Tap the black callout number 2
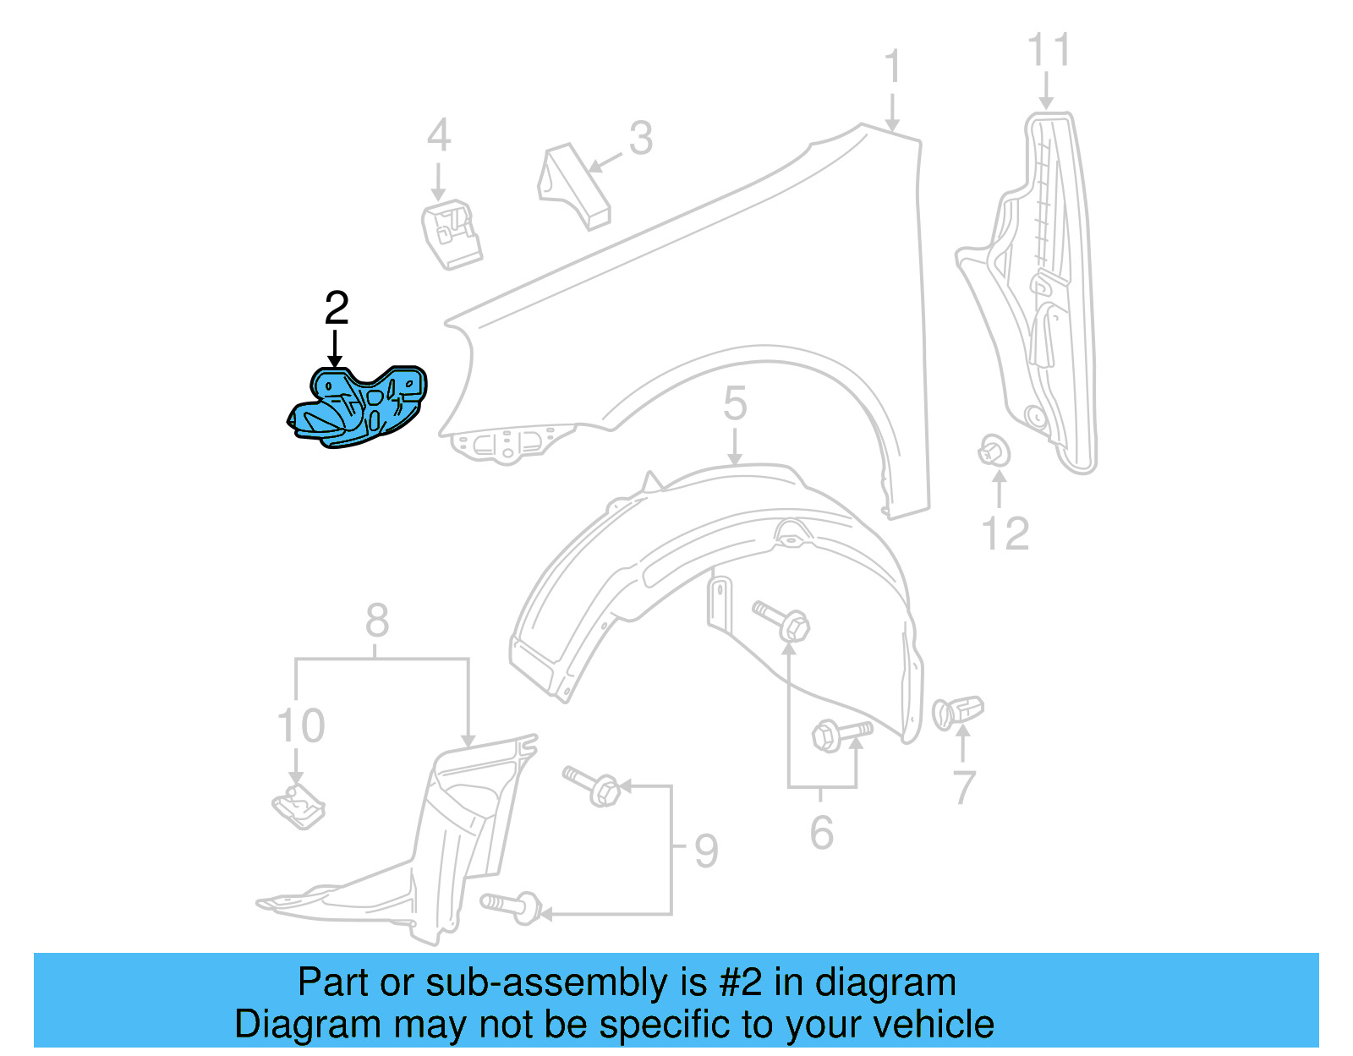click(337, 309)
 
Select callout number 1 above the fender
click(892, 68)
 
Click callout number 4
click(438, 135)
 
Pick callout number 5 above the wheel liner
click(735, 403)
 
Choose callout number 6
click(821, 833)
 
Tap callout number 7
click(965, 788)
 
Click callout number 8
click(377, 621)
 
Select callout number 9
click(706, 851)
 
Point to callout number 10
click(301, 725)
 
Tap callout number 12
click(1005, 533)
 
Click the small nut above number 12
click(994, 451)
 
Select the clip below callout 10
click(299, 807)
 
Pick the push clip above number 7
click(958, 711)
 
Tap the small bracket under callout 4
click(452, 233)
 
